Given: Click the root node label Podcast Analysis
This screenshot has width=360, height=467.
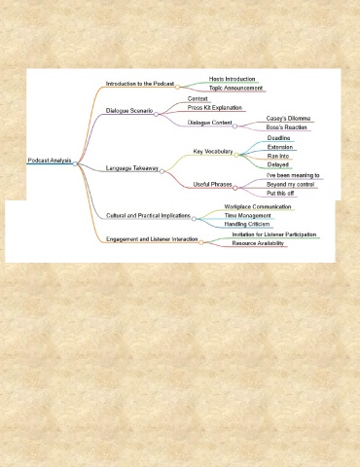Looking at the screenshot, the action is tap(50, 161).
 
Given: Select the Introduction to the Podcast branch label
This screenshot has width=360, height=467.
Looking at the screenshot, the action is tap(140, 84).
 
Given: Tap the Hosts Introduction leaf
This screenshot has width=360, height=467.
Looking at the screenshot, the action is tap(232, 79).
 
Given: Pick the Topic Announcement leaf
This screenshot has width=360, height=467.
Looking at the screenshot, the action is tap(235, 88).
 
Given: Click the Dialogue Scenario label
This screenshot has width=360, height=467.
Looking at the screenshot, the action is tap(129, 111).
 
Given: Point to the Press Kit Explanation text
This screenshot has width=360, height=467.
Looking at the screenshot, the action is tap(215, 107).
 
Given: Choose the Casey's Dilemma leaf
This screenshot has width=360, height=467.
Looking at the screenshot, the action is tap(288, 119).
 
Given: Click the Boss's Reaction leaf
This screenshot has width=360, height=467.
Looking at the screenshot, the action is tap(286, 127).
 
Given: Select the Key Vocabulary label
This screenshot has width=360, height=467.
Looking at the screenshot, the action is tap(213, 152).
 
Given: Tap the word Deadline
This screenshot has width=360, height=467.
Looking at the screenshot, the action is tap(278, 138).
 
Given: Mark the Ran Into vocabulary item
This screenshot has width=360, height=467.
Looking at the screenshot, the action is tap(278, 156).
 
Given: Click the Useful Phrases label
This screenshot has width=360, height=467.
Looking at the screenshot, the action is tap(212, 184).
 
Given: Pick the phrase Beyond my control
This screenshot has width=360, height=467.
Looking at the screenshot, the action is tap(290, 184).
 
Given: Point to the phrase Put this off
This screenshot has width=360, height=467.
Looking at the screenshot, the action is tap(280, 194).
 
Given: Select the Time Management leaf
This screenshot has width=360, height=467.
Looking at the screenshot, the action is tap(247, 216).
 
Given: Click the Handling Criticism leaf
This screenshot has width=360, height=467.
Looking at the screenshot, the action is tap(247, 224).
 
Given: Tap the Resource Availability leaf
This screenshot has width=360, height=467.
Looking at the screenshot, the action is tap(258, 243).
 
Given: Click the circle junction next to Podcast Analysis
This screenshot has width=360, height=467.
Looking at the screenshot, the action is tap(75, 163).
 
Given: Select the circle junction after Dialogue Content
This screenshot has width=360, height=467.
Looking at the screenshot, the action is tap(234, 126).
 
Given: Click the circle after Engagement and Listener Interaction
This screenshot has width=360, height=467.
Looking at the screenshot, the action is tap(201, 242).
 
